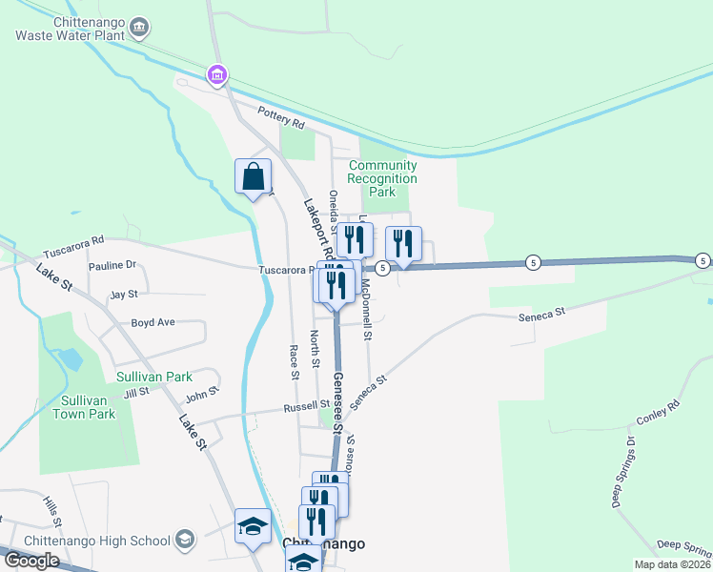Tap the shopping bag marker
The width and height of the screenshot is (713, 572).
click(254, 176)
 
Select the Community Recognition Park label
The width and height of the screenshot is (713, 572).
click(382, 178)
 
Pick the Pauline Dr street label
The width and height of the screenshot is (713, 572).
click(112, 265)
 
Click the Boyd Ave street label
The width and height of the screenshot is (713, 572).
click(153, 322)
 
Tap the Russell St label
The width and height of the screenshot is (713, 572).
click(306, 407)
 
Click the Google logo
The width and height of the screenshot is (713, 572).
click(31, 561)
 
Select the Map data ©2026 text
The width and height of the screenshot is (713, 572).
click(671, 564)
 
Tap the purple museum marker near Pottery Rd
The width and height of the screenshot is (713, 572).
click(217, 73)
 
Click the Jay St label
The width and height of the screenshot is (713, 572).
click(124, 295)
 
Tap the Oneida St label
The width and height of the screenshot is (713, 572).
click(334, 210)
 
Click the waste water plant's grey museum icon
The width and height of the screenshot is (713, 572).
click(140, 27)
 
